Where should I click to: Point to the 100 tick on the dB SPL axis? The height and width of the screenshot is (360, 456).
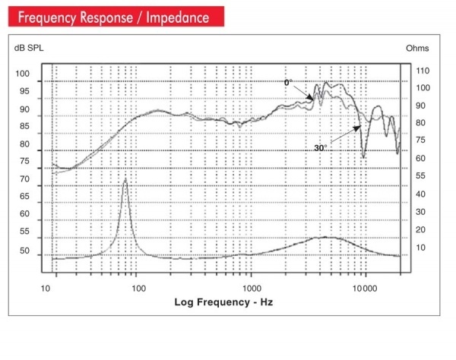(23, 74)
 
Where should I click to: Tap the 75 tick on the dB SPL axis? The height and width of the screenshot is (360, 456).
(23, 162)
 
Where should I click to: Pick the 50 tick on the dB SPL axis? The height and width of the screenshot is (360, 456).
(23, 251)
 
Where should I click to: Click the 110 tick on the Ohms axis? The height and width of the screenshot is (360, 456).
(423, 71)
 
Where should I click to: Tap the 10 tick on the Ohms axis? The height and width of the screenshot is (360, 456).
(420, 247)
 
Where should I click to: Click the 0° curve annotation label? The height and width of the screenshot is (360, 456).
(288, 82)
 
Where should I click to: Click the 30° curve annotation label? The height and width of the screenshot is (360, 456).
(320, 148)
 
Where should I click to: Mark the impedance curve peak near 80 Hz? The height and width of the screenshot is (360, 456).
(125, 179)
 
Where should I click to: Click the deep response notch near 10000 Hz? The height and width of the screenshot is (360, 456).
(364, 156)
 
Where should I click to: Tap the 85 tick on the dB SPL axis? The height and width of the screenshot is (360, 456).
(23, 127)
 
